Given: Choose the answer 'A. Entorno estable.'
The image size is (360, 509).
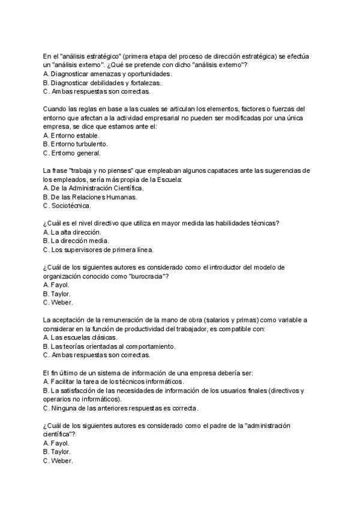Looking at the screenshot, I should pos(71,135).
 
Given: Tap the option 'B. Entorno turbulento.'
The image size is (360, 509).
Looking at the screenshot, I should pos(76,144).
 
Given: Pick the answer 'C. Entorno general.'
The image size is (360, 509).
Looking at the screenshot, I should pos(71,153).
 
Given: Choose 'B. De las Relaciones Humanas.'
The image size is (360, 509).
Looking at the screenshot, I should pos(90,197).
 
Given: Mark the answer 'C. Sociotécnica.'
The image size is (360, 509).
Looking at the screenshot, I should pos(67,206).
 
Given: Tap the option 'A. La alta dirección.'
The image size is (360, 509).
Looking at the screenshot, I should pos(73,232).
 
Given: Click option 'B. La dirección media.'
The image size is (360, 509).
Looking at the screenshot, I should pos(76,241).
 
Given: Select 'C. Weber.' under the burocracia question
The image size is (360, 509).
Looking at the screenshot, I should pos(58,303).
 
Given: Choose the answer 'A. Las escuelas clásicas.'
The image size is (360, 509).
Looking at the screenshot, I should pos(80,337).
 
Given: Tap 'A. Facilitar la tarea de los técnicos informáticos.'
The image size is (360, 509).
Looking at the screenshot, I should pos(114,381).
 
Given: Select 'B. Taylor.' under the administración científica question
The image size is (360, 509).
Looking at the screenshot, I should pos(57,451).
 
